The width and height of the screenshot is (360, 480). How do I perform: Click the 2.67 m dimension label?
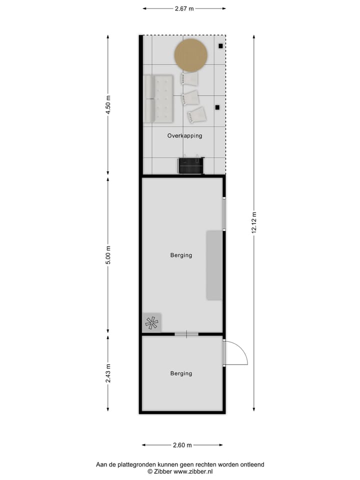[x=184, y=8]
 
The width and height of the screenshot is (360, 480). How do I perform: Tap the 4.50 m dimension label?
[x=108, y=105]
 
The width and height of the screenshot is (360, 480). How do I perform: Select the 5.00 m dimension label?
[x=108, y=255]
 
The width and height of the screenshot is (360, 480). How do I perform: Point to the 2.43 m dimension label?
[x=108, y=373]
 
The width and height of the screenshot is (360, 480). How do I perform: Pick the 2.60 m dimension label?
[x=182, y=445]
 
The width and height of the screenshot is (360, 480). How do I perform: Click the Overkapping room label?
[x=184, y=135]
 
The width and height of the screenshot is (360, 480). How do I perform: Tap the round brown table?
[x=191, y=55]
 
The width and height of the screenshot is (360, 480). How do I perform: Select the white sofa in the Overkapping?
[x=158, y=98]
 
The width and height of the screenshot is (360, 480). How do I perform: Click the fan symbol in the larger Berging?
[x=151, y=322]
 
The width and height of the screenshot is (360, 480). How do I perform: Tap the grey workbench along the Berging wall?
[x=214, y=265]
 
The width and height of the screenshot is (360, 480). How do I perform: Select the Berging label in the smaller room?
[x=181, y=373]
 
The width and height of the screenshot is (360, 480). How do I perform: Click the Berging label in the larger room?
[x=181, y=255]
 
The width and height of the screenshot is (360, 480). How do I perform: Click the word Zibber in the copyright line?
[x=163, y=471]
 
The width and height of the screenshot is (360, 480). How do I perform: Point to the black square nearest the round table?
[x=220, y=46]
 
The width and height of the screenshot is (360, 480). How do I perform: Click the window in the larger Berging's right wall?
[x=224, y=214]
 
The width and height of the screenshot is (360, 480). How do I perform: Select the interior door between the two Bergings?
[x=186, y=334]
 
